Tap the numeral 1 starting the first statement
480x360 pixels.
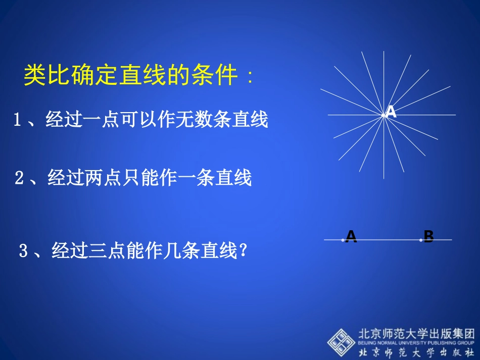click(17, 120)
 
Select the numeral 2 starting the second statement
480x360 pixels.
click(19, 178)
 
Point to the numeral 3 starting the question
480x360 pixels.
click(23, 251)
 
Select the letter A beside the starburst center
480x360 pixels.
click(391, 112)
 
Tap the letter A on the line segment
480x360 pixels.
click(351, 236)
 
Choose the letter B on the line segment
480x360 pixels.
click(428, 236)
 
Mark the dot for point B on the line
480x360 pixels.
click(421, 240)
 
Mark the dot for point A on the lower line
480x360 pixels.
click(343, 240)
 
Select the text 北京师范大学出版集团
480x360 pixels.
click(416, 334)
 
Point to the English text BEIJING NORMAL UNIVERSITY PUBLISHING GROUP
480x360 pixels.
click(416, 343)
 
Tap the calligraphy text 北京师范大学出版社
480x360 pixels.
click(416, 352)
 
